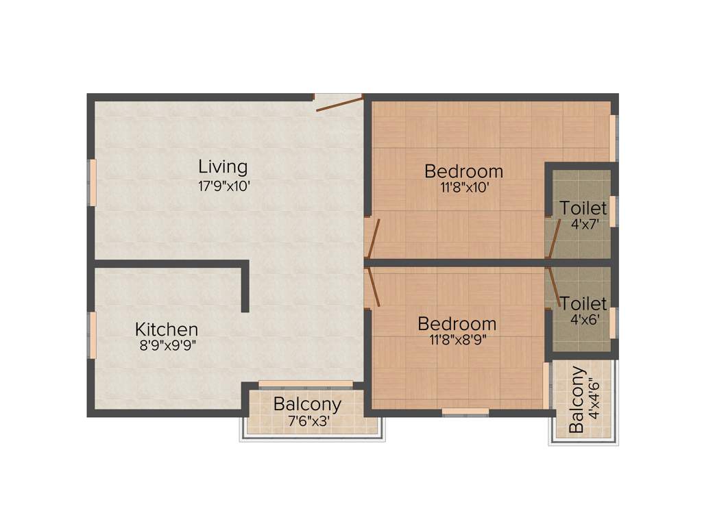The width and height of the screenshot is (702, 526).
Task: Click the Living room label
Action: [223, 166]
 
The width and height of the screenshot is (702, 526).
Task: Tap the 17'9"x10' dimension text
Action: [223, 185]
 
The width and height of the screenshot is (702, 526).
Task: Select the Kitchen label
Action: [167, 329]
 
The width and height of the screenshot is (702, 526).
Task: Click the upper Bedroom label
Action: [463, 171]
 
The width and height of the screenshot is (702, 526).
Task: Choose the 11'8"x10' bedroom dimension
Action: [464, 188]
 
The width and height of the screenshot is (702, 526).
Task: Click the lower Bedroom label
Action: [457, 324]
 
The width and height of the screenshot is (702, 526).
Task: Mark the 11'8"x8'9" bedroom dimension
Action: [457, 340]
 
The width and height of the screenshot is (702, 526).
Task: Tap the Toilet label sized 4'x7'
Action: [583, 208]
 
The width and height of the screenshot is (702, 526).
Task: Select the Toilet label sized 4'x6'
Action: [583, 303]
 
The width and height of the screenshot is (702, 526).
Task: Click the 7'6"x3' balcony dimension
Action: [307, 421]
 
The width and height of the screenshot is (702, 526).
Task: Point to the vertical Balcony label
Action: [577, 400]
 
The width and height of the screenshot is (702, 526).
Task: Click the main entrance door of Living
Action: [339, 103]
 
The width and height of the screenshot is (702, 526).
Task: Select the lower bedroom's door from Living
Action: [373, 286]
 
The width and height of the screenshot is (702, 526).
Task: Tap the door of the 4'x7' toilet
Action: [553, 237]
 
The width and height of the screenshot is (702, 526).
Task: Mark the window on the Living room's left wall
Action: [91, 182]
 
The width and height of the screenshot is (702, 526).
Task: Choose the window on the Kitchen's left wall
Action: [91, 335]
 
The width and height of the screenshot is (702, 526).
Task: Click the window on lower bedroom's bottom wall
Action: [465, 412]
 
